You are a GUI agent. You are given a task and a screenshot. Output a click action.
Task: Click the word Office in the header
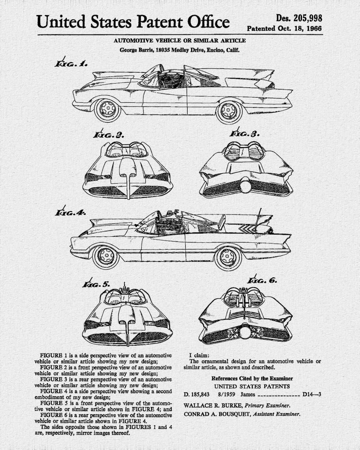[208, 22]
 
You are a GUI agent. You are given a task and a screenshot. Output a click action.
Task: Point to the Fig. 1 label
[71, 63]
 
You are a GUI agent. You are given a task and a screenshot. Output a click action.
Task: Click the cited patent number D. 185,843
[197, 395]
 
